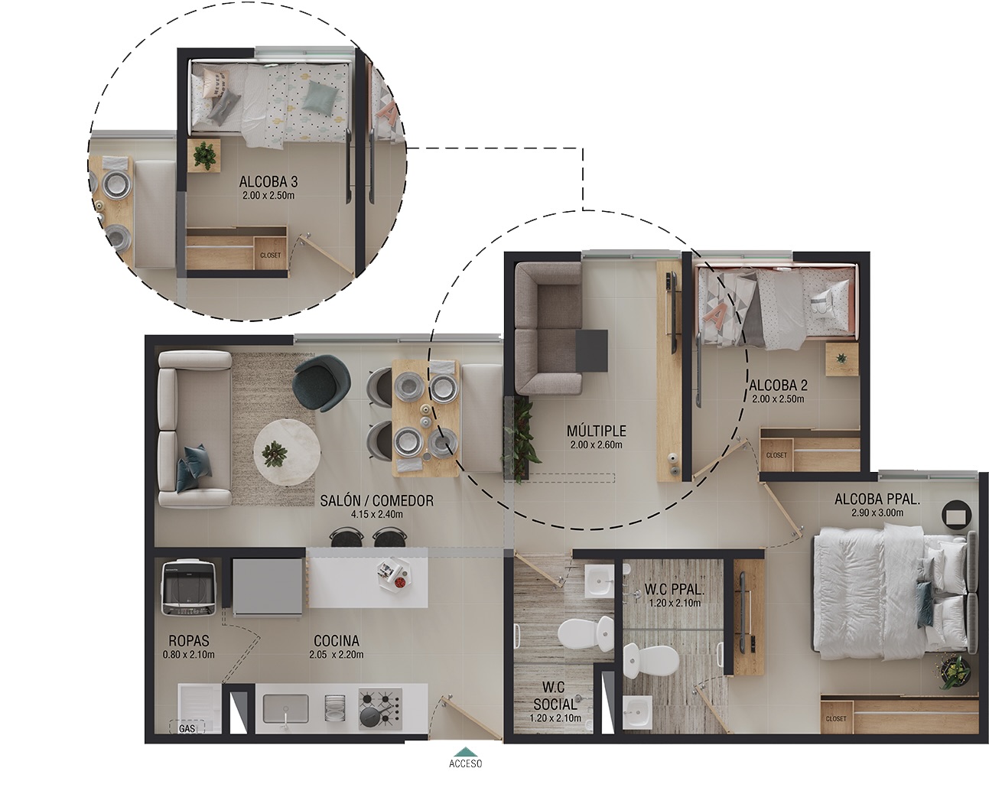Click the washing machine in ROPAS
tap(189, 587)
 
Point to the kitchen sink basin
tap(285, 708)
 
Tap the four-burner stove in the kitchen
tap(380, 708)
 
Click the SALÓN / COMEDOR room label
tap(377, 501)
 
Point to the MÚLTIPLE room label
tap(596, 431)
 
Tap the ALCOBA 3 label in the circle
tap(268, 181)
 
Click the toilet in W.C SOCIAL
tap(585, 633)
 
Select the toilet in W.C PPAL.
tap(652, 661)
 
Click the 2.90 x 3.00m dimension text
tap(877, 513)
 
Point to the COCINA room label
tap(337, 640)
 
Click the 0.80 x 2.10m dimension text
tap(188, 655)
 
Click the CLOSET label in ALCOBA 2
tap(776, 455)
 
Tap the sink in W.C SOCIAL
tap(599, 581)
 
